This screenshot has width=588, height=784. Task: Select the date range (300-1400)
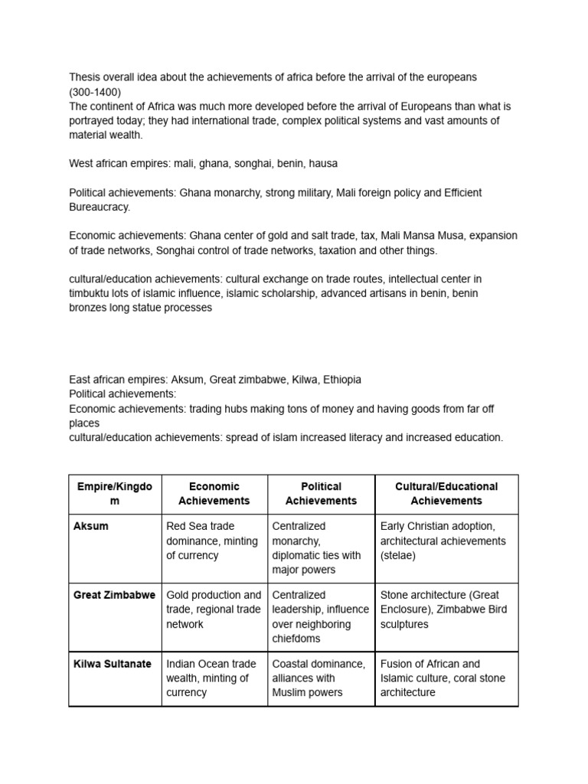[x=95, y=92]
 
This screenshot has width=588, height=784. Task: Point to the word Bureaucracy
[x=100, y=207]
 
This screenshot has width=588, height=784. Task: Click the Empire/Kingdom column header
[x=115, y=494]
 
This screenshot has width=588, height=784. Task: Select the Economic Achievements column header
[x=214, y=494]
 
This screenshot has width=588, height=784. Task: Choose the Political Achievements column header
[x=321, y=494]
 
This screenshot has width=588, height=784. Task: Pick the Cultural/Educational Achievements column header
[x=446, y=494]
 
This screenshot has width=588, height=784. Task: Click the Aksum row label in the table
[x=90, y=527]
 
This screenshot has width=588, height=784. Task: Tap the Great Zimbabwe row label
[x=114, y=595]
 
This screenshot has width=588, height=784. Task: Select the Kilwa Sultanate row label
[x=113, y=664]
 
